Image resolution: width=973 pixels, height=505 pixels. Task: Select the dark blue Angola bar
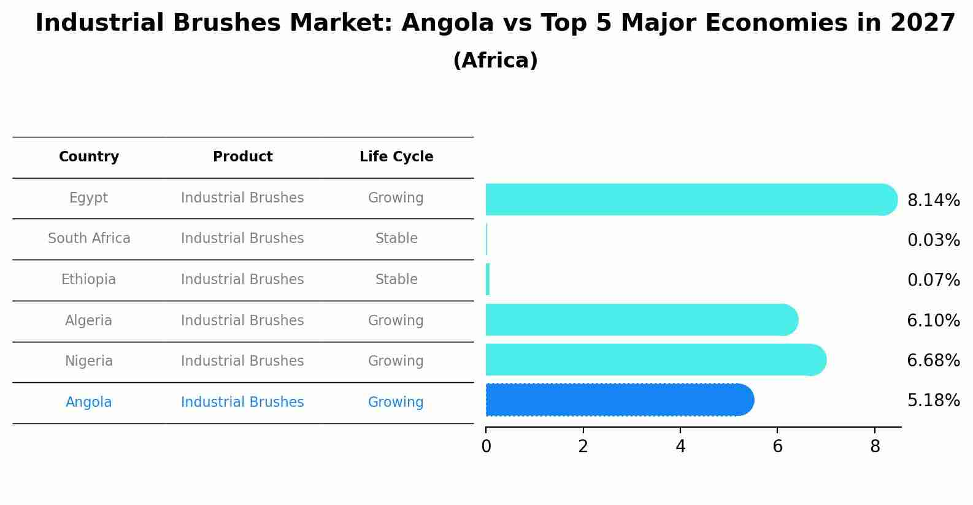[x=618, y=400]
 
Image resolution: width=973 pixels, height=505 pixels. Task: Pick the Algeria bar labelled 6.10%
[x=641, y=320]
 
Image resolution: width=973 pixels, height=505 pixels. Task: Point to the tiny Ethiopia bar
[x=488, y=280]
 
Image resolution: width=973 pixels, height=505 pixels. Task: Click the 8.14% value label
[x=933, y=201]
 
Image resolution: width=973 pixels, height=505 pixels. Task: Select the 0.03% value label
[x=933, y=241]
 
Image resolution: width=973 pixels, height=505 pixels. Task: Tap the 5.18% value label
[x=933, y=401]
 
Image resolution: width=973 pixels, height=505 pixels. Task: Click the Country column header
[x=89, y=157]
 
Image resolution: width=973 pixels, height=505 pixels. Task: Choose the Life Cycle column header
[x=396, y=157]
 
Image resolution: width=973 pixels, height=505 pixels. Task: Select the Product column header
[x=242, y=157]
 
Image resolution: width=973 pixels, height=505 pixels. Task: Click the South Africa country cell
[x=89, y=239]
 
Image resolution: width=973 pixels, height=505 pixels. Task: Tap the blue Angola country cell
[x=89, y=403]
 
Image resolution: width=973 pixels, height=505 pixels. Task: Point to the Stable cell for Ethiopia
[x=396, y=280]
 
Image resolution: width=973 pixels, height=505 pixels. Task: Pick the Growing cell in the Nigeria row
[x=396, y=361]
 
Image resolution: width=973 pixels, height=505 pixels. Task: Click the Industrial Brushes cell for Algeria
[x=242, y=321]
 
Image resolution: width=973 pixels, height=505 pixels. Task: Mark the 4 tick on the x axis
[x=680, y=447]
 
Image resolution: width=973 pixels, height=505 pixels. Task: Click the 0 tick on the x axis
[x=486, y=447]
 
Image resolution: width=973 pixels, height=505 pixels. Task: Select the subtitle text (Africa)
[x=495, y=61]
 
